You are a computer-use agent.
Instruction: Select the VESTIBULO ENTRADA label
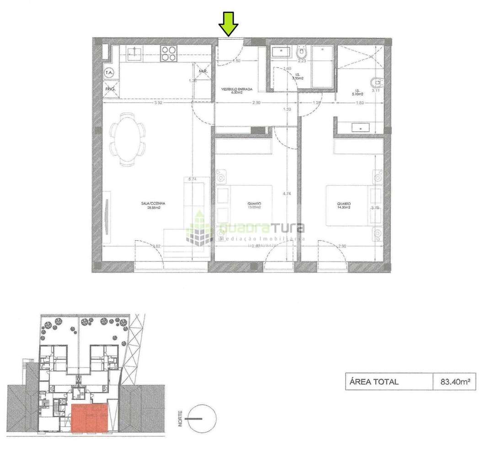pos(237,90)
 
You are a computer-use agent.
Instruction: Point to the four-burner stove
pos(169,53)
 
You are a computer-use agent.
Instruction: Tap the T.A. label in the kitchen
pos(109,72)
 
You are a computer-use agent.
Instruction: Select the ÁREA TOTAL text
pos(374,382)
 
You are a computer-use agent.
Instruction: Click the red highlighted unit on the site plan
pos(90,418)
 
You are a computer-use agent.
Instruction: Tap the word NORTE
pos(181,418)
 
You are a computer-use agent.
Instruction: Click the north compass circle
pos(201,418)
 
